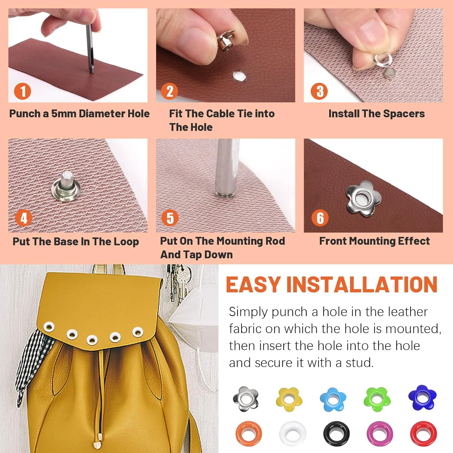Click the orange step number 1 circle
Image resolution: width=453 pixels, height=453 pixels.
click(x=23, y=91)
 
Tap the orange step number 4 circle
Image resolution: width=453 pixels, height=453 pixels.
click(x=24, y=218)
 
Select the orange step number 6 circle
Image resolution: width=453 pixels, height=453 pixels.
click(x=320, y=218)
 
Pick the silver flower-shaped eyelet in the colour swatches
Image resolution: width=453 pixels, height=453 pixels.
click(x=246, y=399)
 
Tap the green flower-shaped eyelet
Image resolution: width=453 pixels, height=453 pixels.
click(x=377, y=399)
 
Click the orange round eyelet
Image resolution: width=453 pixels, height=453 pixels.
click(x=249, y=434)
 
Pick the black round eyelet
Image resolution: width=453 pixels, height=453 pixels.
click(x=336, y=434)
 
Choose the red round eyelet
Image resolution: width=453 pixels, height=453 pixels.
click(x=423, y=434)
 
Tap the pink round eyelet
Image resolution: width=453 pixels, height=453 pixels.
click(x=380, y=434)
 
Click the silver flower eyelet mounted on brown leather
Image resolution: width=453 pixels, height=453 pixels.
click(x=363, y=199)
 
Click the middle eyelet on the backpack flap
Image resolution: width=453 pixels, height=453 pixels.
click(x=92, y=339)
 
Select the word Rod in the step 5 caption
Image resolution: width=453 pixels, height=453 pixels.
click(x=275, y=241)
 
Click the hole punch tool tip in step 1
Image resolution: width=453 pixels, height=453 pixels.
click(x=91, y=71)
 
